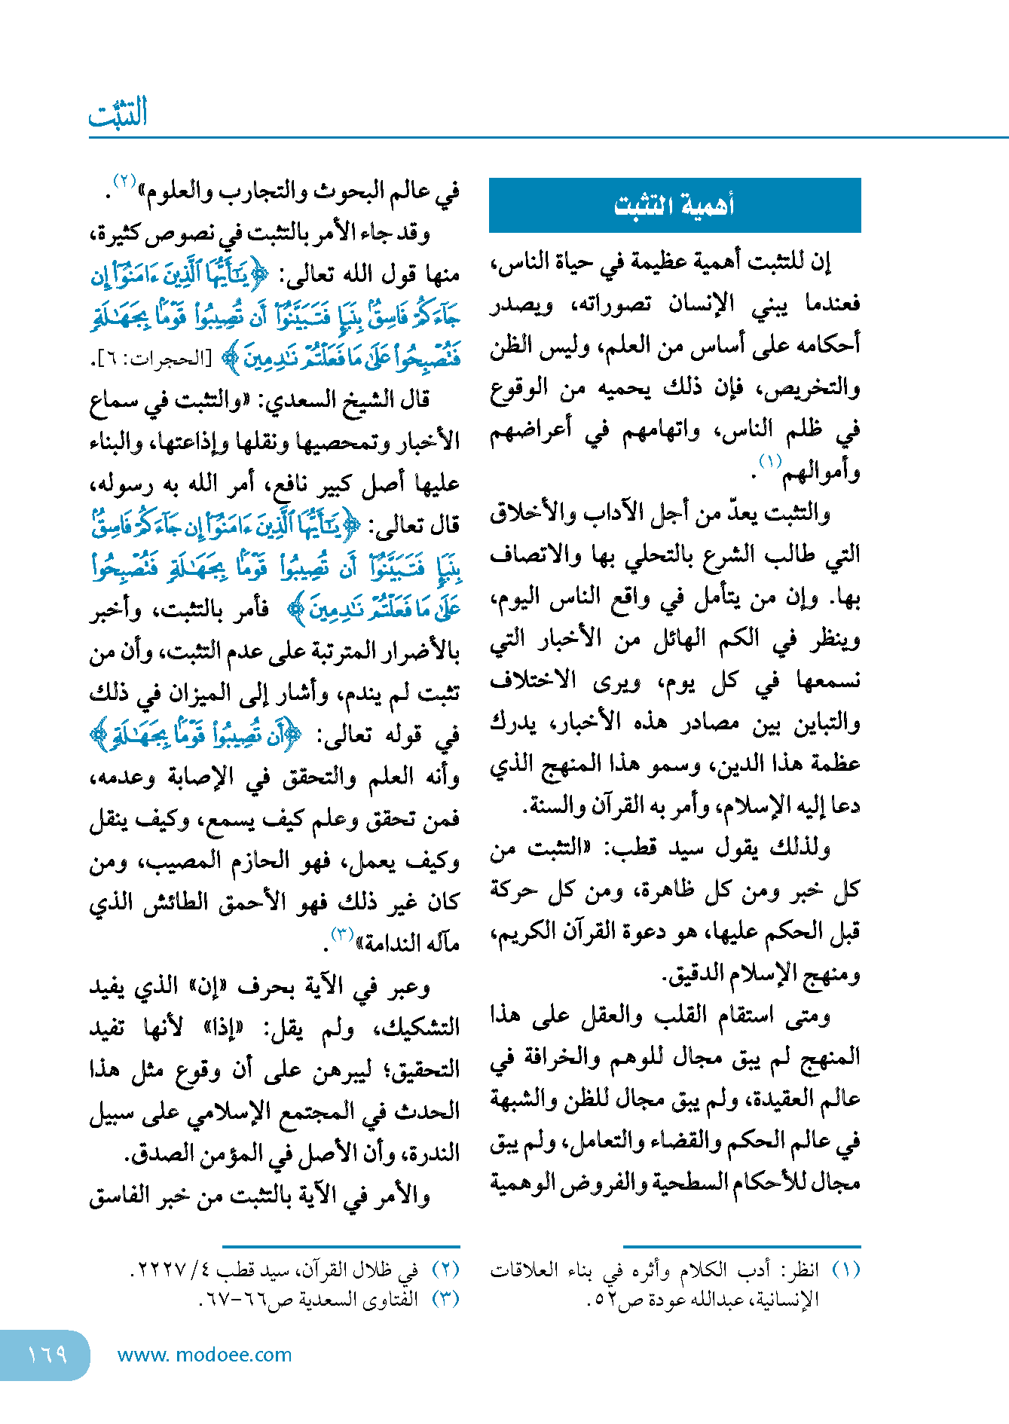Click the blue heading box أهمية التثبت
[x=674, y=205]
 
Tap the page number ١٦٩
[x=47, y=1355]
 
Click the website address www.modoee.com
[x=204, y=1355]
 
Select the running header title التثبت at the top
[x=118, y=114]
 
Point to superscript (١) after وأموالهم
[x=770, y=461]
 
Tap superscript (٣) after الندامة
[x=342, y=935]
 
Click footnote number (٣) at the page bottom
[x=445, y=1299]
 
